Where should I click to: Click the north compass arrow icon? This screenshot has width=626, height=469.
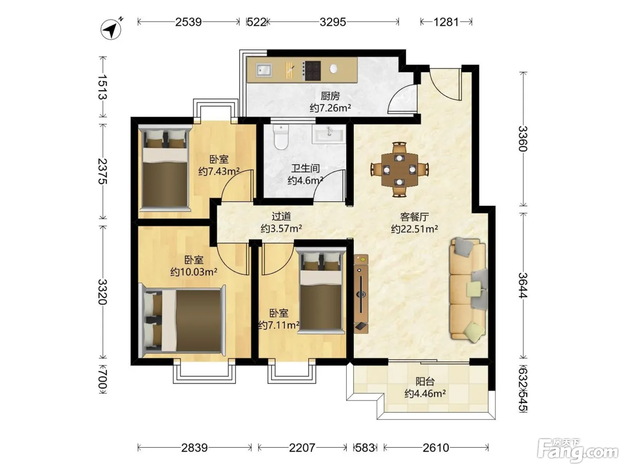[111, 29]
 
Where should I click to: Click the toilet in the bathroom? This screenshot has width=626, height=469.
[281, 137]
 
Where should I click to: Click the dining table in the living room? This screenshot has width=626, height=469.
[400, 169]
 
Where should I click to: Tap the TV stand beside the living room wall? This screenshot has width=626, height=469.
[361, 293]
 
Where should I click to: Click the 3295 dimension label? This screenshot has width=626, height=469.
[333, 22]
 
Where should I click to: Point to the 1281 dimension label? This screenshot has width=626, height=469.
[446, 22]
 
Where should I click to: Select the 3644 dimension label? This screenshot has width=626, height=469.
[523, 285]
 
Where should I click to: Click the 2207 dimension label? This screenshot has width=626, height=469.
[302, 448]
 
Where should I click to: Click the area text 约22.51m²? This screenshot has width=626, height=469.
[415, 229]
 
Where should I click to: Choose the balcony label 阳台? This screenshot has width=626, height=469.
[425, 381]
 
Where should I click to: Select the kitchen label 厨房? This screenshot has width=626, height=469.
[330, 96]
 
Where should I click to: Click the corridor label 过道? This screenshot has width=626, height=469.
[281, 217]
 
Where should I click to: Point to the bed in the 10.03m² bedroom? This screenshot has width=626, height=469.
[182, 320]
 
